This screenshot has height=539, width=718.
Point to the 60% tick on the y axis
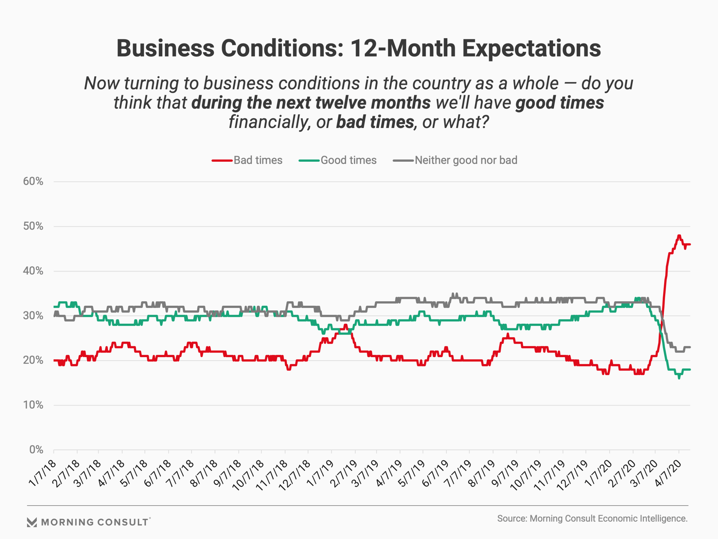(x=33, y=182)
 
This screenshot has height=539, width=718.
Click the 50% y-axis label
(x=33, y=226)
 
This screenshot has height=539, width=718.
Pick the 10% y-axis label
(x=33, y=405)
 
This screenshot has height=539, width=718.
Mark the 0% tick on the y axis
(x=36, y=450)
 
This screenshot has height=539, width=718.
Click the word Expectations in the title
(x=531, y=48)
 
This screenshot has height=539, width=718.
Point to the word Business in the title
(x=165, y=48)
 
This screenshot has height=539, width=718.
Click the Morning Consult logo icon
(x=32, y=522)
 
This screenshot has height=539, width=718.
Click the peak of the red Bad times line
(x=679, y=236)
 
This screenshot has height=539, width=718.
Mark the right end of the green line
(x=690, y=369)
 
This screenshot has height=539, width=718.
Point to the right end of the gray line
(x=690, y=347)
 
